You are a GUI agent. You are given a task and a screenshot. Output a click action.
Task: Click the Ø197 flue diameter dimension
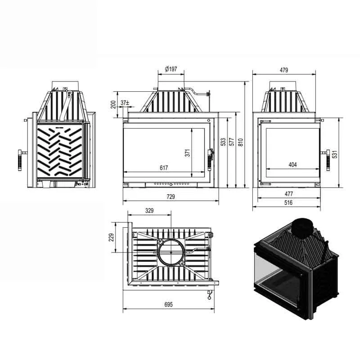(171, 69)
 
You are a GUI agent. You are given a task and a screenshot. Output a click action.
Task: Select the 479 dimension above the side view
(284, 70)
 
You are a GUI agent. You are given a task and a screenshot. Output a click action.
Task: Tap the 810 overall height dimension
(240, 142)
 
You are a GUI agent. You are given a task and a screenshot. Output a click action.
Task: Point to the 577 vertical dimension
(232, 142)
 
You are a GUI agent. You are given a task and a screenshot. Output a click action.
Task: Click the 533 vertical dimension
(223, 142)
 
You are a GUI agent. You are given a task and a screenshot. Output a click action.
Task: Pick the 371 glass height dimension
(188, 153)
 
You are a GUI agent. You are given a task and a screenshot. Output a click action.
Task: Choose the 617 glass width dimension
(164, 168)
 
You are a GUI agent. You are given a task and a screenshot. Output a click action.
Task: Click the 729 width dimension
(171, 197)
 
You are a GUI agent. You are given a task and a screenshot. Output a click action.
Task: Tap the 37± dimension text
(125, 103)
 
